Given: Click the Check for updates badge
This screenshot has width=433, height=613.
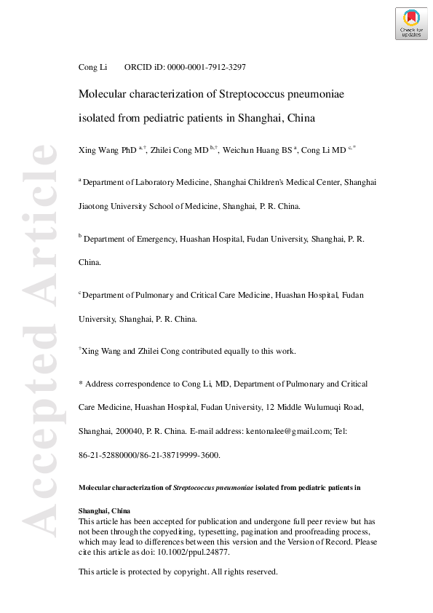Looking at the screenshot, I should tap(411, 23).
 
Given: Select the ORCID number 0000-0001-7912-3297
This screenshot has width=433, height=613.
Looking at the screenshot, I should tap(207, 67).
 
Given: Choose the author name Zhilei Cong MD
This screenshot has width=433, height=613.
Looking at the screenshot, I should tap(180, 150).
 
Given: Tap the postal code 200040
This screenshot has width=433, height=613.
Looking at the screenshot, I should tap(126, 432).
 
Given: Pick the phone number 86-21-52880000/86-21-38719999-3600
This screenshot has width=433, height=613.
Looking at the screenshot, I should tap(148, 455).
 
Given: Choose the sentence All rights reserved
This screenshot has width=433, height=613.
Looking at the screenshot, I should tap(244, 572).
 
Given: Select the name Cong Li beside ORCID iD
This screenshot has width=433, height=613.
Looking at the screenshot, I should tap(92, 67).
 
